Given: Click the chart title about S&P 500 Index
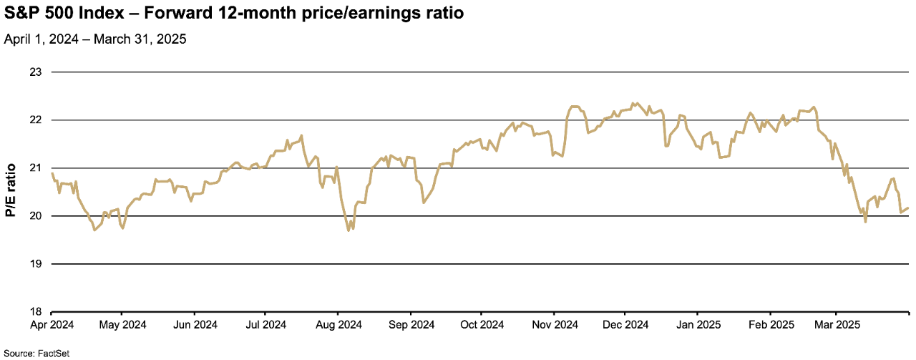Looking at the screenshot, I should tap(229, 14).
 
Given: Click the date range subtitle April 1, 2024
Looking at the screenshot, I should tap(95, 39).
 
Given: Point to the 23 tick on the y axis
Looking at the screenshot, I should tap(36, 72).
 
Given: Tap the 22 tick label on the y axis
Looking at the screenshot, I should tap(36, 120).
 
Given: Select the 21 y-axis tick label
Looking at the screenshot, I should tap(36, 168).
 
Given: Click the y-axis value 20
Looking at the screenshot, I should tap(36, 216).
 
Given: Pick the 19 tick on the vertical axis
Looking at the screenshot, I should tap(36, 264).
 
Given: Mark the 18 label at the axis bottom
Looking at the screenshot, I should tap(36, 312).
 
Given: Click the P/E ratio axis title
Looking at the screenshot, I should tap(10, 192).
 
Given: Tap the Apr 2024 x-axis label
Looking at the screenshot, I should tap(52, 324).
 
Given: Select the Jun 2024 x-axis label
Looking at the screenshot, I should tap(195, 324).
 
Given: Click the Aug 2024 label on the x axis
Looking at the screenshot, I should tap(338, 324).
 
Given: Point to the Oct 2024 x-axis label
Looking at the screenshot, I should tap(481, 324).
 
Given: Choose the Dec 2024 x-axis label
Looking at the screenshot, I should tap(625, 324).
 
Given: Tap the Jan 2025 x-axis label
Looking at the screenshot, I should tap(698, 324).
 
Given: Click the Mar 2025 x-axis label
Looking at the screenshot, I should tap(837, 324).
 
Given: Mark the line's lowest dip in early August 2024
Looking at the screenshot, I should tap(349, 230).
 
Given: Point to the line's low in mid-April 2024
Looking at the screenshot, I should tap(94, 230).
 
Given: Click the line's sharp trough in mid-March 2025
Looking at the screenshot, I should tap(866, 222).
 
